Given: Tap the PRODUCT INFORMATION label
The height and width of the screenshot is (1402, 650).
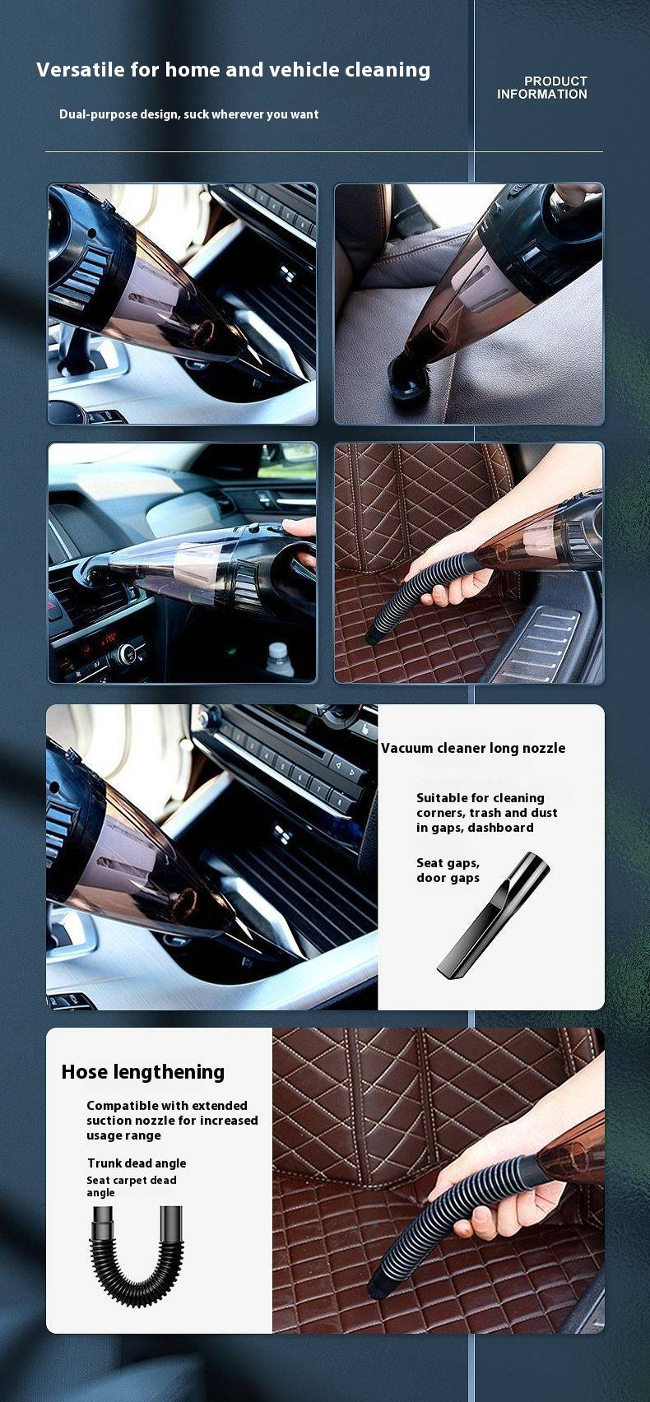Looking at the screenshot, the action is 542,87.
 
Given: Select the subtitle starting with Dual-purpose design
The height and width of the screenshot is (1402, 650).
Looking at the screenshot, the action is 188,114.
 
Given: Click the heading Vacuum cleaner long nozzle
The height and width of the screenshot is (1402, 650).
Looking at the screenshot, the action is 473,748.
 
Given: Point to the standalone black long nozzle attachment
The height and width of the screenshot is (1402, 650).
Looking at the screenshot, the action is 494,913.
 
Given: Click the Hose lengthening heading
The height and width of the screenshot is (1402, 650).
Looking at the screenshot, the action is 143,1072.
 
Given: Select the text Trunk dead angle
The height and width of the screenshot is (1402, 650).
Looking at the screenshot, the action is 137,1163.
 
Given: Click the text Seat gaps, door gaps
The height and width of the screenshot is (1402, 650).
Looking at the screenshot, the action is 448,870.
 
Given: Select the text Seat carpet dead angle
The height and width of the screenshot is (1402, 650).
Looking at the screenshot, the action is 132,1186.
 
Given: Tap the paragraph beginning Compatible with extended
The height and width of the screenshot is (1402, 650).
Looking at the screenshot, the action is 172,1121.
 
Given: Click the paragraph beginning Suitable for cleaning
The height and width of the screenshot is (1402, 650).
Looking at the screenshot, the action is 486,813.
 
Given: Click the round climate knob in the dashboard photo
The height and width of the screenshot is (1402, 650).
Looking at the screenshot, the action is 128,655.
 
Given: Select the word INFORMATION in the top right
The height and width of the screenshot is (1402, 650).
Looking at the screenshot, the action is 542,95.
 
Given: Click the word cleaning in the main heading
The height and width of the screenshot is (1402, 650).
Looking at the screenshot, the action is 388,69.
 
